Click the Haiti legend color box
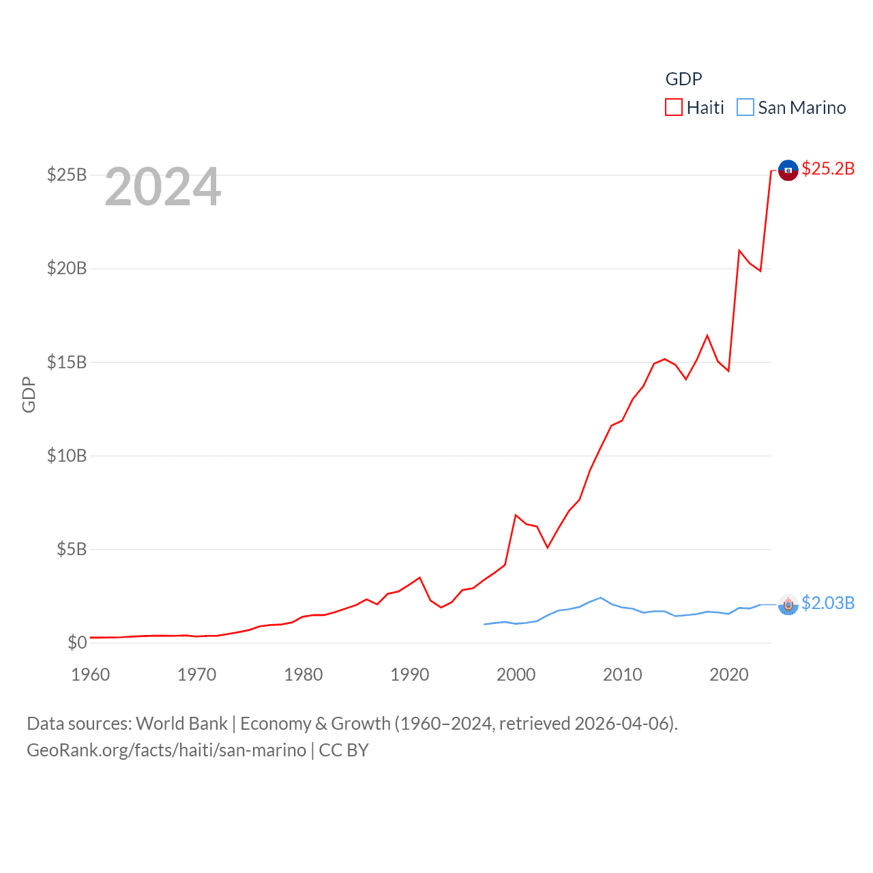674,108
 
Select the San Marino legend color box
745,108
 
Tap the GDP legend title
683,79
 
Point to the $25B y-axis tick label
67,175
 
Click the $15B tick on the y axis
67,362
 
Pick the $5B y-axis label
72,549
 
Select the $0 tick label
77,642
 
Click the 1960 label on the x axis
91,675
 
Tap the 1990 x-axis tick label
410,675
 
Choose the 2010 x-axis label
623,675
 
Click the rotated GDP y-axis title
29,394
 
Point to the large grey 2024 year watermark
163,187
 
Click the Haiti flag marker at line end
788,170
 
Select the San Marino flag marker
788,604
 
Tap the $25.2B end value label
828,168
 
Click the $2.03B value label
828,603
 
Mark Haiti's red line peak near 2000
516,515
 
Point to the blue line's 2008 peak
601,598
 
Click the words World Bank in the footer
181,724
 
